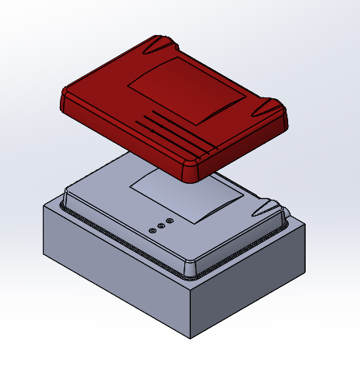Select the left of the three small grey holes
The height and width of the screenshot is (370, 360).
[152, 230]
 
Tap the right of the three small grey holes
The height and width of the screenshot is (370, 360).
[168, 220]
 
